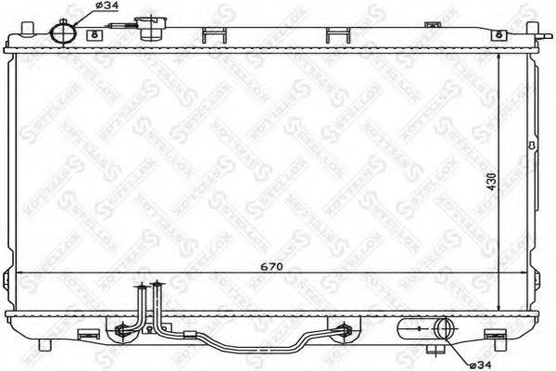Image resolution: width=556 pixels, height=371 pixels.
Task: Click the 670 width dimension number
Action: (x=270, y=266)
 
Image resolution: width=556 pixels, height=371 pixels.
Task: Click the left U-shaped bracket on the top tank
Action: (x=212, y=35)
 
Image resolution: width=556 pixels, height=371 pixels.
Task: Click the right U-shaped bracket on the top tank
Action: (x=340, y=35)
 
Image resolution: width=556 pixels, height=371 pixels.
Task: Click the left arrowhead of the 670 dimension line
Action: (x=20, y=274)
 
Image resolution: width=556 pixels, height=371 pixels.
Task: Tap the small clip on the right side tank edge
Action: (x=531, y=146)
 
